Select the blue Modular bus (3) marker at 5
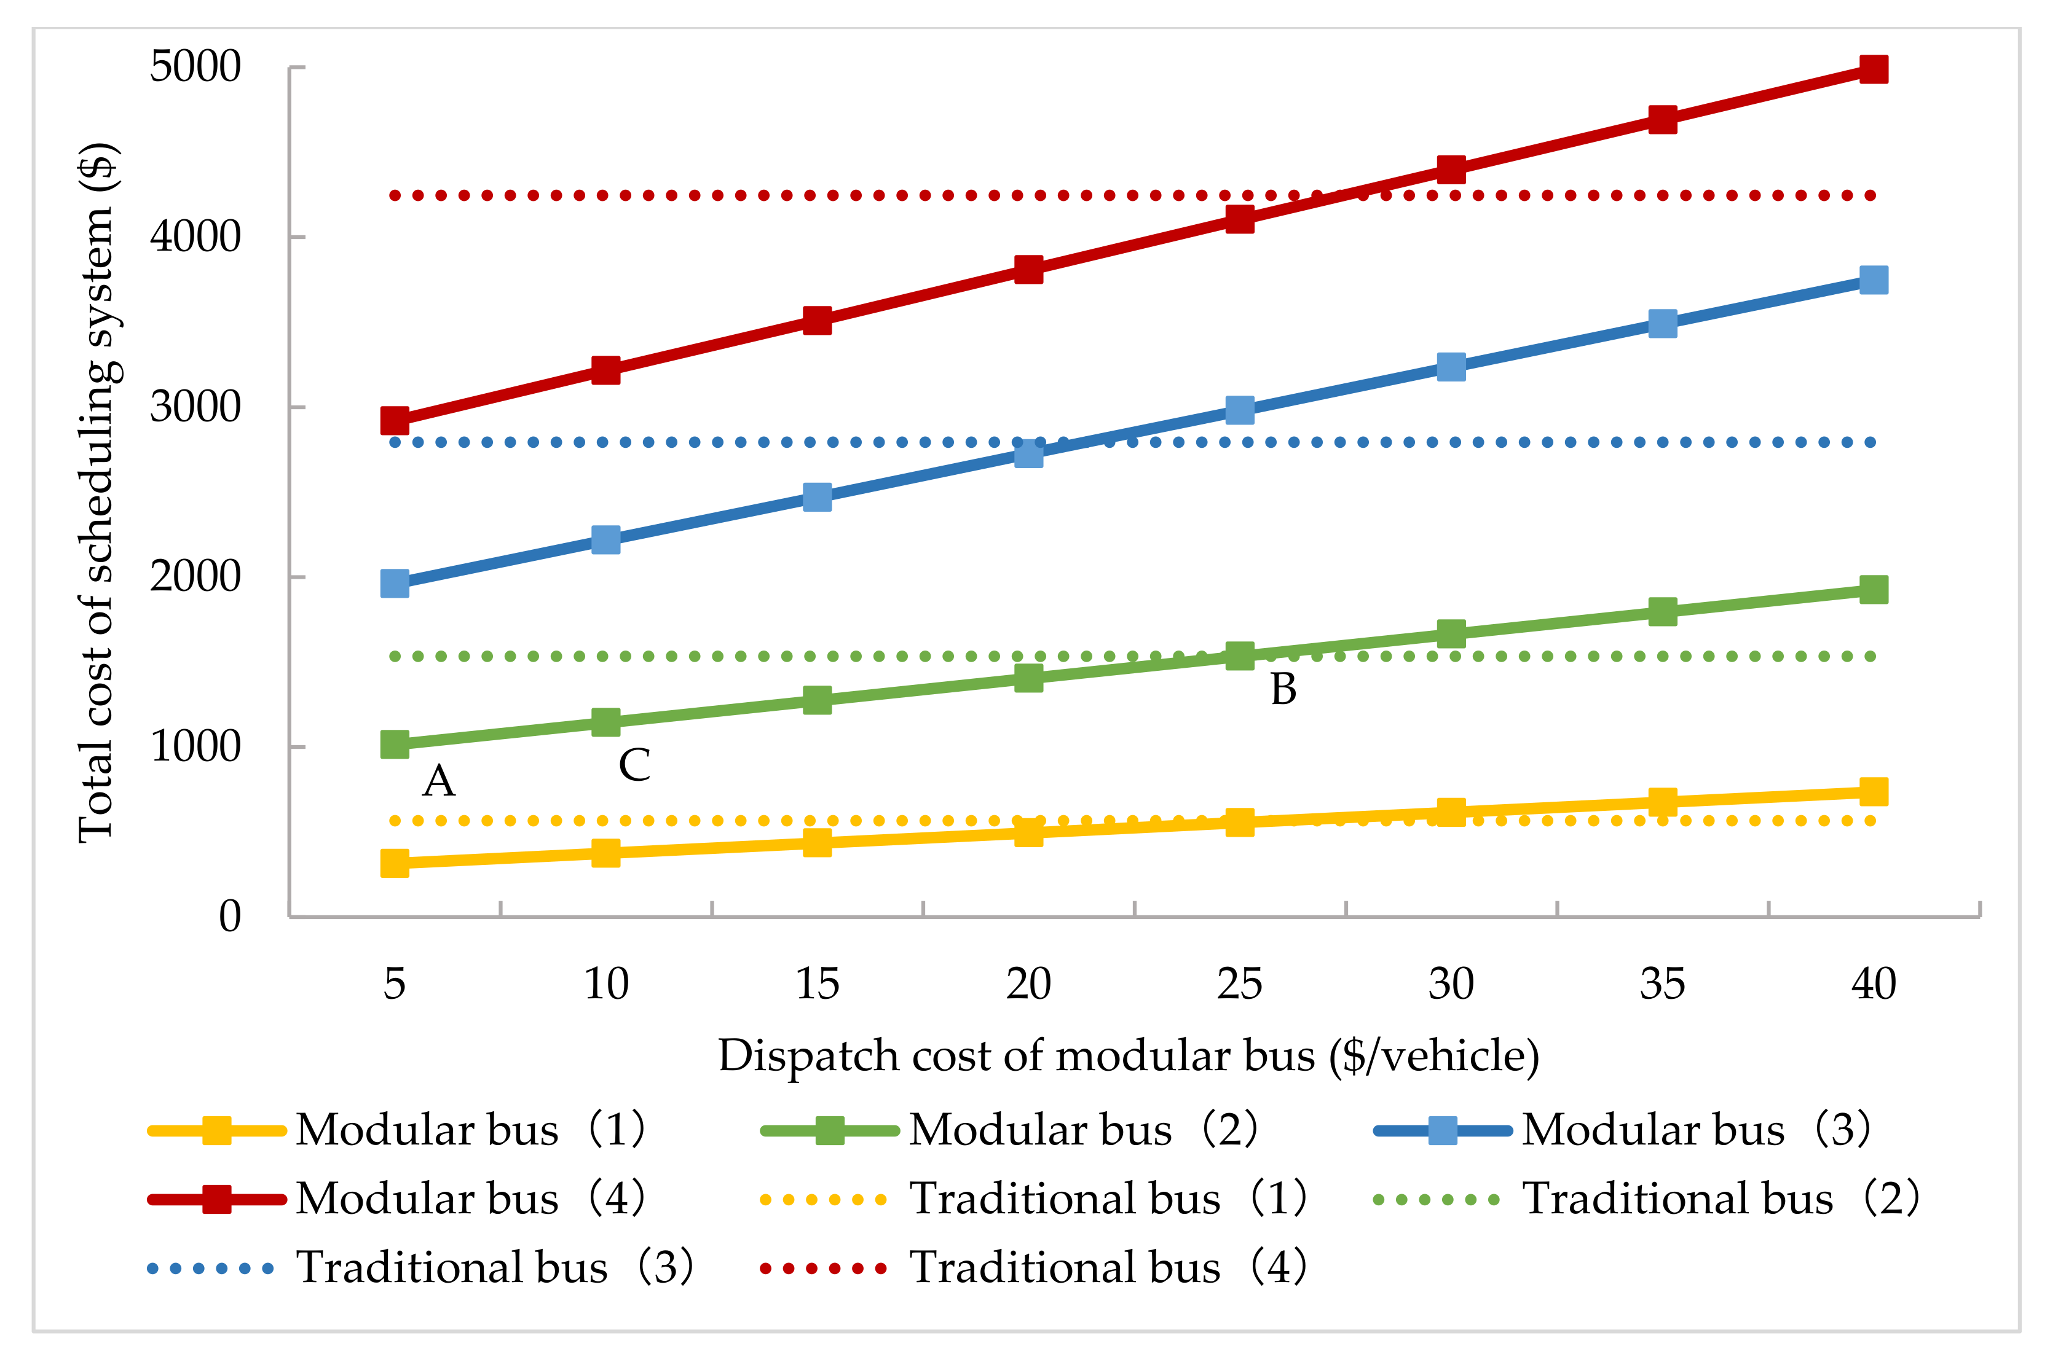tap(395, 584)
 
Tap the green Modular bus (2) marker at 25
tap(1240, 655)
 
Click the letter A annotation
tap(438, 781)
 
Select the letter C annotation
tap(634, 765)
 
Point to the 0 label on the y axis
tap(229, 917)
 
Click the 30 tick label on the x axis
tap(1451, 984)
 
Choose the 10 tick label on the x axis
tap(606, 984)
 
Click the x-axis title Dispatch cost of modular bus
tap(1128, 1056)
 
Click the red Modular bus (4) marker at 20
tap(1028, 269)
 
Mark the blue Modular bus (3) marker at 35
tap(1662, 324)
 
